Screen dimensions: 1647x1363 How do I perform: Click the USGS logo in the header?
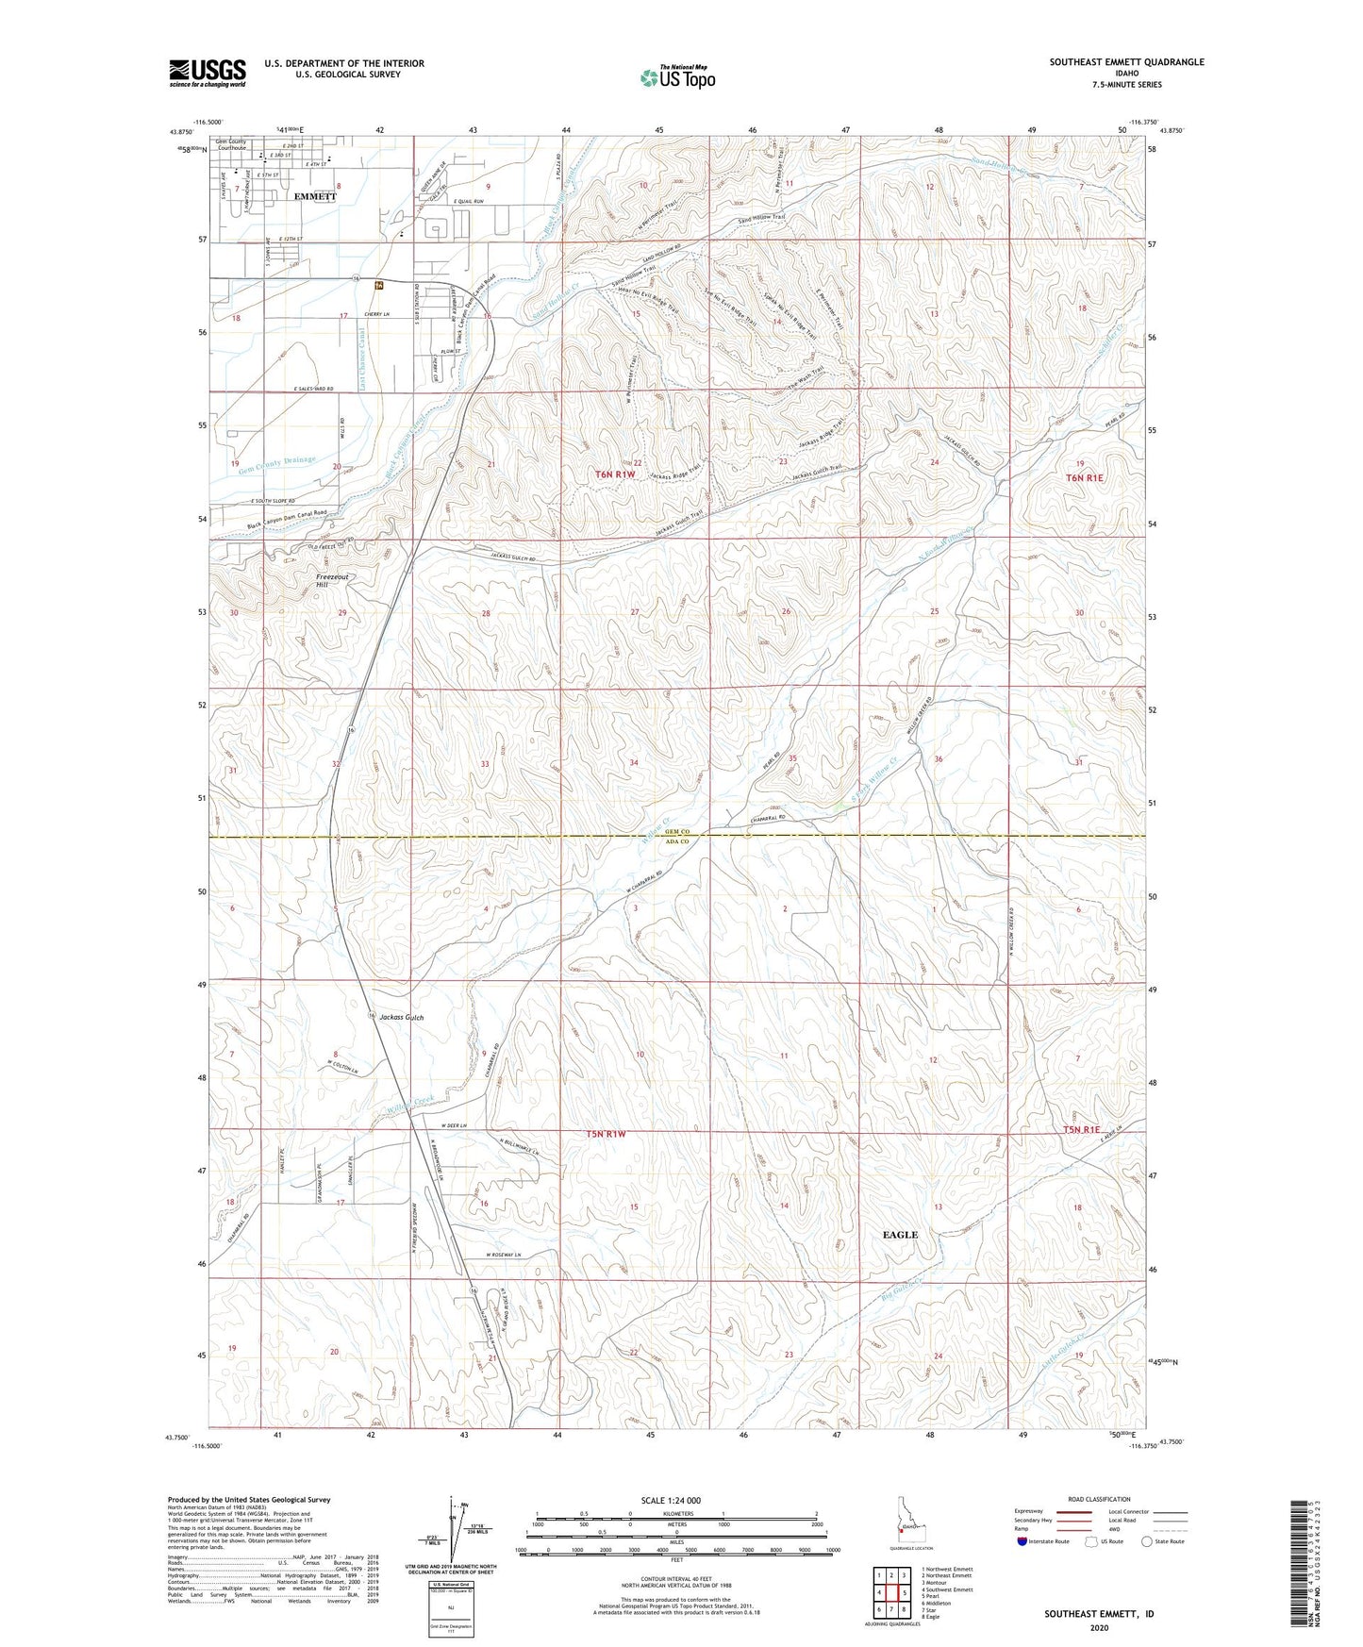tap(207, 73)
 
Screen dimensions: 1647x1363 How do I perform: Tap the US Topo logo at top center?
tap(675, 77)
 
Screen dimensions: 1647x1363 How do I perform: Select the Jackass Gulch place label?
tap(401, 1018)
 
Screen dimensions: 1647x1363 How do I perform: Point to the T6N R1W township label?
tap(611, 463)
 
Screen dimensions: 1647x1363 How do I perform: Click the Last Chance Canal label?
tap(362, 358)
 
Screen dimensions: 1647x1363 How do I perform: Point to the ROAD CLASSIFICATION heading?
tap(1100, 1499)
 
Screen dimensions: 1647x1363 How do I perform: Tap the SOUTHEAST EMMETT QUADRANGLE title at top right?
tap(1126, 62)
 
